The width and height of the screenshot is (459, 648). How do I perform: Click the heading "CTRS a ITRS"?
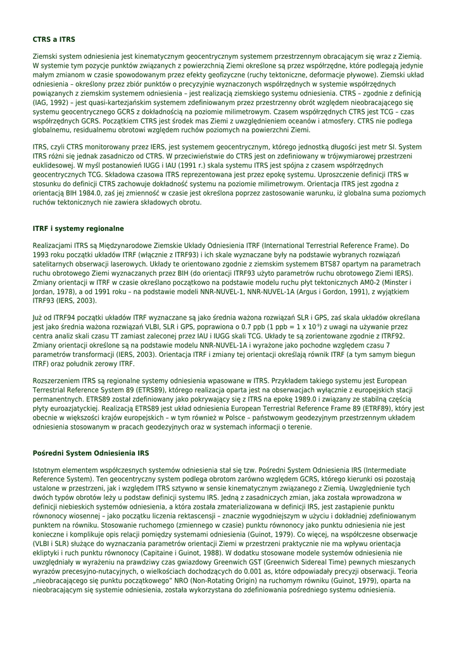coord(54,39)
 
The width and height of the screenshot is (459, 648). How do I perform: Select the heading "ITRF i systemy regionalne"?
coord(78,228)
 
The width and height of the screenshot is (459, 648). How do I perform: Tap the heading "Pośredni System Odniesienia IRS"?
coord(91,454)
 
